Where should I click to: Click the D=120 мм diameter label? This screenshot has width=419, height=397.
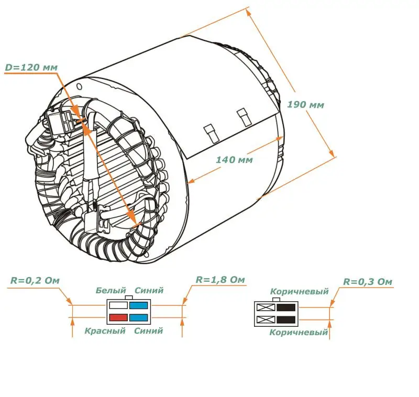click(31, 68)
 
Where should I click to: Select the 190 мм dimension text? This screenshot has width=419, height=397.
click(305, 105)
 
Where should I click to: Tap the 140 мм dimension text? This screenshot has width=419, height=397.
click(234, 160)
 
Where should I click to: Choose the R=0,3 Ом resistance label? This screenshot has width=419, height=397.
click(368, 282)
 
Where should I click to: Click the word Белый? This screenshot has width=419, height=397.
click(111, 290)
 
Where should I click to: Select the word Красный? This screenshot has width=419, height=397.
click(105, 330)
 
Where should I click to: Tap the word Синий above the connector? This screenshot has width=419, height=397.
click(149, 290)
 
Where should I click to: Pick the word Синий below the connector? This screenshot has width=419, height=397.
click(149, 330)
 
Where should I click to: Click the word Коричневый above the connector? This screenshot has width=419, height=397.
click(299, 292)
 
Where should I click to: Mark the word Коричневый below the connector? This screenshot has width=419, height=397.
click(299, 332)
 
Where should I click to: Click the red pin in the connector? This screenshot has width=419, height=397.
click(118, 317)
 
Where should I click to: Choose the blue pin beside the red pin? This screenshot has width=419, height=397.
click(139, 317)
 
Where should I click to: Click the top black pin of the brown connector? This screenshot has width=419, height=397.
click(286, 308)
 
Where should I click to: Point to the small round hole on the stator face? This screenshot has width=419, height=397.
click(79, 86)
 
